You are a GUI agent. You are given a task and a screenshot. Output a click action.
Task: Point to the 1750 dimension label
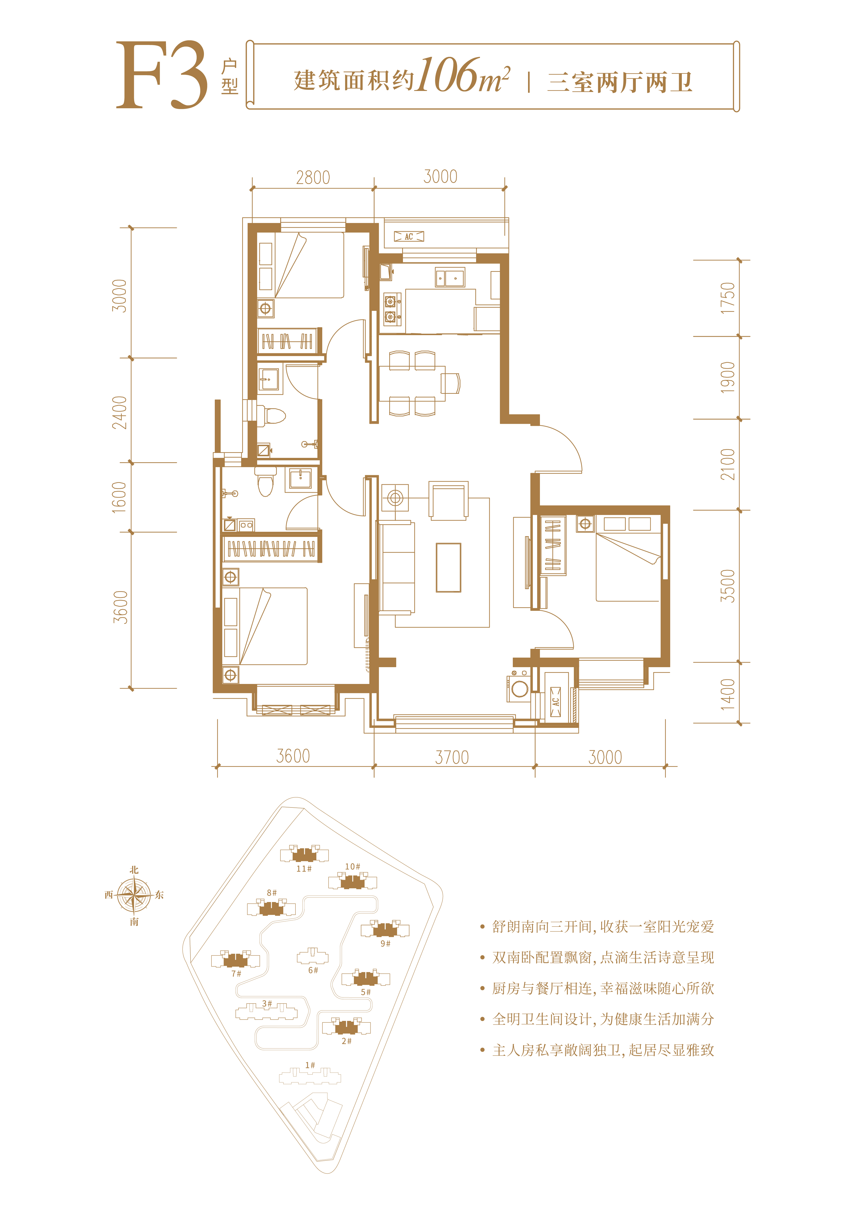[x=728, y=298]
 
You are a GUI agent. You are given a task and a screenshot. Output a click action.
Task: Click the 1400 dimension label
[x=728, y=694]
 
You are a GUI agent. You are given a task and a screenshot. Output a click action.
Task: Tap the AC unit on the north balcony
[x=409, y=236]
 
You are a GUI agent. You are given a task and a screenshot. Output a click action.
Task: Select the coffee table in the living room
[x=448, y=568]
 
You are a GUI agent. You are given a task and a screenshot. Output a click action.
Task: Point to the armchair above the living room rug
[x=448, y=500]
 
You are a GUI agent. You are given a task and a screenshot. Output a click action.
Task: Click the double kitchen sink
[x=450, y=278]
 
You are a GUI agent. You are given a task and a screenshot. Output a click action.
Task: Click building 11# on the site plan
[x=304, y=854]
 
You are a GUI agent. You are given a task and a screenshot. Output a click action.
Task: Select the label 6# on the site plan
[x=313, y=970]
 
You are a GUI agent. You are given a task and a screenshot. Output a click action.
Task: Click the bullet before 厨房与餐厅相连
[x=482, y=988]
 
